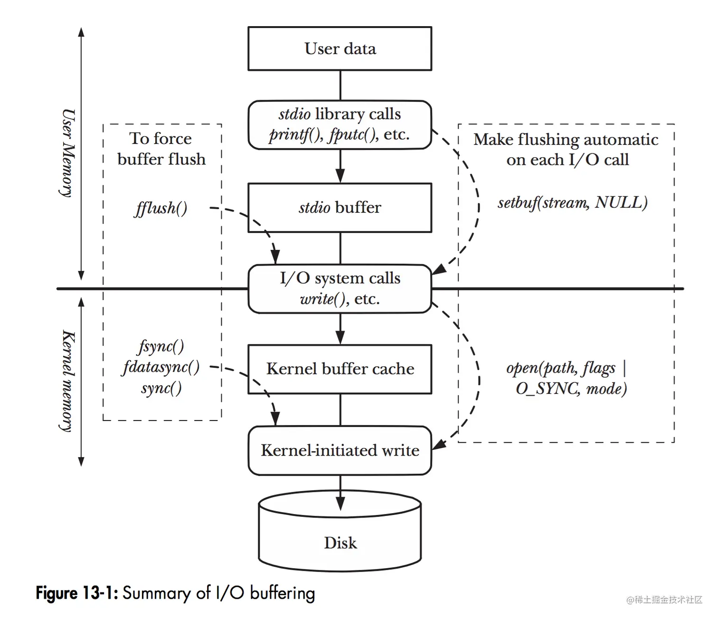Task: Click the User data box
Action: coord(340,48)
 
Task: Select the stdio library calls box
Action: coord(340,124)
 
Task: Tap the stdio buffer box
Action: coord(340,208)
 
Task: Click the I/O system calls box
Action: coord(340,288)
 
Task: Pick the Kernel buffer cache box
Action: coord(340,369)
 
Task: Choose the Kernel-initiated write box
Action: coord(340,450)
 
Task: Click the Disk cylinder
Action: coord(340,537)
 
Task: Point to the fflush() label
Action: coord(161,208)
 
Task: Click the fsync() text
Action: coord(161,346)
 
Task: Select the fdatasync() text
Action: coord(161,367)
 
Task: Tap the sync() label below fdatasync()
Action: coord(161,388)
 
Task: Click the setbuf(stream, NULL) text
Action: coord(572,203)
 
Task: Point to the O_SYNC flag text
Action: coord(547,389)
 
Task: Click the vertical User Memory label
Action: coord(68,153)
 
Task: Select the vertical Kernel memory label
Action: coord(68,381)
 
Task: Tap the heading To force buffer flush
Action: coord(161,149)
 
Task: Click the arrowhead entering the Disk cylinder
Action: coord(340,504)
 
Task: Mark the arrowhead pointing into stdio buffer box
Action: coord(340,175)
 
